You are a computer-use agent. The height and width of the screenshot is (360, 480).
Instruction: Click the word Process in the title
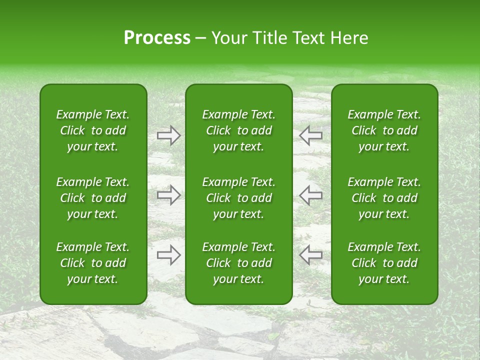coord(157,38)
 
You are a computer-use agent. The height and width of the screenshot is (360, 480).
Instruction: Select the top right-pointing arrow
coord(168,135)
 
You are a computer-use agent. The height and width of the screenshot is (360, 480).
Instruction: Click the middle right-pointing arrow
coord(168,195)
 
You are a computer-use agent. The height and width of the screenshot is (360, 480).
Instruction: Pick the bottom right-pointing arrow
coord(168,255)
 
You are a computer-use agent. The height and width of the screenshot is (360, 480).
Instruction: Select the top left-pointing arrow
coord(311,135)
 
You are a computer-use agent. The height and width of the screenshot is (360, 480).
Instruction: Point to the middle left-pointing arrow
coord(311,195)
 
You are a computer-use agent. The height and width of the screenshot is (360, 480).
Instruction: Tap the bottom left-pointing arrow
coord(311,255)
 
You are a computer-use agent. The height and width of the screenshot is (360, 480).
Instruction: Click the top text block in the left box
coord(93,130)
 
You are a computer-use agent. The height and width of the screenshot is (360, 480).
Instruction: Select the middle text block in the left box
coord(93,198)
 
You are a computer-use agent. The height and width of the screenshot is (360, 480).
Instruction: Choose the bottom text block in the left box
coord(93,263)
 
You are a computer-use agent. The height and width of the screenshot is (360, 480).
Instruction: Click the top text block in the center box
coord(238,130)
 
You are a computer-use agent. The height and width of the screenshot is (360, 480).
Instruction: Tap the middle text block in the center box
coord(238,198)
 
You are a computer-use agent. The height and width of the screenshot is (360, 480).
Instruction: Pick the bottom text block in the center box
coord(238,263)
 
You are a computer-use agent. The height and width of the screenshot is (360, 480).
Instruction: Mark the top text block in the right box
coord(384,130)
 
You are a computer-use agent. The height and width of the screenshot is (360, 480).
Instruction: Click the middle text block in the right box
coord(384,198)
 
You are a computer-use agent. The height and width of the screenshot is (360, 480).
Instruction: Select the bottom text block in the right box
coord(384,263)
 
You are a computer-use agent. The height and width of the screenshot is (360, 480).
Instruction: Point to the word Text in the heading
coord(306,38)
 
